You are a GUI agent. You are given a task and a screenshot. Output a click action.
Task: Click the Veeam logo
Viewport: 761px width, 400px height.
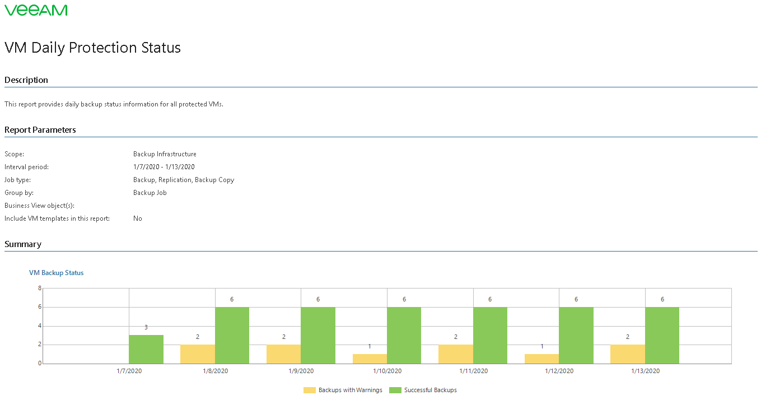(x=36, y=10)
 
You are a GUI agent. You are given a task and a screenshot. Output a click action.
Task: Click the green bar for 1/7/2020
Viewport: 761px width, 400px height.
(x=146, y=350)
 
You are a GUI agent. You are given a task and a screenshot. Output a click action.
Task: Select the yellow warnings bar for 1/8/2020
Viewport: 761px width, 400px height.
(x=198, y=354)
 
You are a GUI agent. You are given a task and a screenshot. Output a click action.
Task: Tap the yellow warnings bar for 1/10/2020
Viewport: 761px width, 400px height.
(x=370, y=359)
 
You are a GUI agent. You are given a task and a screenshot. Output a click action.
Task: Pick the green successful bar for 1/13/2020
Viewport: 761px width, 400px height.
(x=662, y=335)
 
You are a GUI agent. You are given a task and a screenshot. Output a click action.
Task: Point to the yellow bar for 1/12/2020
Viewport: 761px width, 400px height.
(x=541, y=359)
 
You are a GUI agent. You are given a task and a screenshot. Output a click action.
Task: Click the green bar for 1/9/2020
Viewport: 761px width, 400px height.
(x=318, y=335)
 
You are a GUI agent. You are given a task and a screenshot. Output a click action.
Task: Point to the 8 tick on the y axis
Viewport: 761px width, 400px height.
(x=40, y=288)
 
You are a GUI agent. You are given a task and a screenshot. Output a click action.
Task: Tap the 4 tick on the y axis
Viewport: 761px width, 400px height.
(x=40, y=325)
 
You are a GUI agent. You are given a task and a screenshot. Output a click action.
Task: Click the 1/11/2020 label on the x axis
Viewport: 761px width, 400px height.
(x=474, y=371)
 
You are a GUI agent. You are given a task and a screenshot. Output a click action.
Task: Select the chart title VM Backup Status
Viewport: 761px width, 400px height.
(x=56, y=273)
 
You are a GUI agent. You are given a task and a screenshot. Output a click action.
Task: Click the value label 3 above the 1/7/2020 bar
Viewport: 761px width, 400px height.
(x=146, y=327)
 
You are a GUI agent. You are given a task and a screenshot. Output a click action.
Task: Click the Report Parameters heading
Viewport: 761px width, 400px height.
(x=40, y=130)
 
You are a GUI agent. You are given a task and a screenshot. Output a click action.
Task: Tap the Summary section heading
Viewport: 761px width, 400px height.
(x=23, y=244)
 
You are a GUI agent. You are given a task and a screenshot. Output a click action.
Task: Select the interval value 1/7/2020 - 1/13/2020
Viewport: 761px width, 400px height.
(x=164, y=167)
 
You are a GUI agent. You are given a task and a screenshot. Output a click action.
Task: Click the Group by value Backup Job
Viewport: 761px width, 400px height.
(x=150, y=193)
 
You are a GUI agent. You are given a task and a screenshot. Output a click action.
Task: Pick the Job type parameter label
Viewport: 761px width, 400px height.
(x=18, y=180)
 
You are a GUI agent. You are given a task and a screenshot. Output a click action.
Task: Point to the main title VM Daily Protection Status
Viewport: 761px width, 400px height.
(x=93, y=48)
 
